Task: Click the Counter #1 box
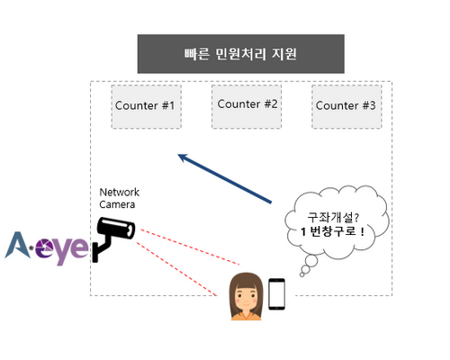coord(147,107)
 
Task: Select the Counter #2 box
coord(247,107)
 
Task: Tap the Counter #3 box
coord(346,107)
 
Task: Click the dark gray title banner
coord(241,54)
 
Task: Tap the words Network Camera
coord(119,198)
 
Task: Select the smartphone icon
coord(276,294)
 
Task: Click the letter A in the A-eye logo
coord(18,245)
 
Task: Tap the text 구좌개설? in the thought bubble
coord(333,217)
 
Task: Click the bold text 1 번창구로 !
coord(333,231)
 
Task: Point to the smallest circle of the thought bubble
coord(301,274)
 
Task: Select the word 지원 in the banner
coord(284,54)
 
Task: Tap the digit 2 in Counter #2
coord(274,103)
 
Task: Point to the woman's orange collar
coord(246,316)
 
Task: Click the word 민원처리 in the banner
coord(240,54)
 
